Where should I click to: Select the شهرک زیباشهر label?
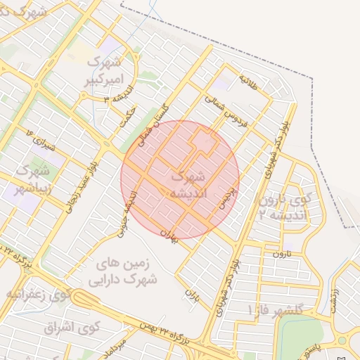click(x=31, y=179)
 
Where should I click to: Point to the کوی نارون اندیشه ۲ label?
click(x=284, y=207)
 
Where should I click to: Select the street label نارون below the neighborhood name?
click(x=282, y=252)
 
